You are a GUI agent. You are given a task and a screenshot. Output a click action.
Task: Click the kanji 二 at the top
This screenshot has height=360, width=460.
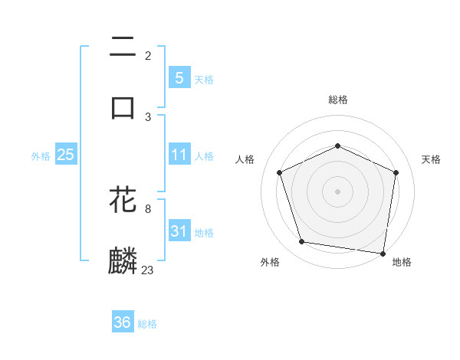[123, 47]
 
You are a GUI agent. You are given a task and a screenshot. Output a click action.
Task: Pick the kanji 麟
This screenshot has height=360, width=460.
[123, 260]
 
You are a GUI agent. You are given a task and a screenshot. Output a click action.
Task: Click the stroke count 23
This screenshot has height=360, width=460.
[148, 270]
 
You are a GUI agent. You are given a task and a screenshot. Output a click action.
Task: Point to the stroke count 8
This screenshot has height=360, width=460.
[148, 208]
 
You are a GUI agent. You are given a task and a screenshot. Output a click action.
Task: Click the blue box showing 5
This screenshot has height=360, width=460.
[179, 78]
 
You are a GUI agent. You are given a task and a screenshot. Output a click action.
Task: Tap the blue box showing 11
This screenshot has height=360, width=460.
[179, 155]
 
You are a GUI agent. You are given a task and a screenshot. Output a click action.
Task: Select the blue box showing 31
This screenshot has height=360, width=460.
[179, 231]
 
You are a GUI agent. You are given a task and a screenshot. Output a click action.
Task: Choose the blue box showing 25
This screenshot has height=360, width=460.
[66, 155]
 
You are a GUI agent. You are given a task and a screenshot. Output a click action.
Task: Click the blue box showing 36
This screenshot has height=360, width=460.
[122, 322]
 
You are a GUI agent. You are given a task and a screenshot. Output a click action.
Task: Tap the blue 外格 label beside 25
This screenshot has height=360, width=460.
[41, 156]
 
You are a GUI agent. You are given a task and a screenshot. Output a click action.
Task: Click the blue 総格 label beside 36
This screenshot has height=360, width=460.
[147, 324]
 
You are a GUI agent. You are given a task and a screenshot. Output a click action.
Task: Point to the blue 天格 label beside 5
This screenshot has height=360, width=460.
[203, 80]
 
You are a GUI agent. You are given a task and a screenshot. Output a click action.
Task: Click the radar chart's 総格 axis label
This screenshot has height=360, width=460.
[337, 100]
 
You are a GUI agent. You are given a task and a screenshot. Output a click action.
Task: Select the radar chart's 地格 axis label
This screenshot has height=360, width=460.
[402, 263]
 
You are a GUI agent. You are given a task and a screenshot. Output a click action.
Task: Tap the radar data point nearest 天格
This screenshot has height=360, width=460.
[396, 172]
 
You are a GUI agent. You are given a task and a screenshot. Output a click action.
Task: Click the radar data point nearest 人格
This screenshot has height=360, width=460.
[280, 172]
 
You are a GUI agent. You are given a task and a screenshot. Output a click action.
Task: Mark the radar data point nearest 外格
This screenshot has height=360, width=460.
[302, 242]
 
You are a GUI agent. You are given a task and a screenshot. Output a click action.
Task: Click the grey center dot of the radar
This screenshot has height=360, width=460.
[337, 191]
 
